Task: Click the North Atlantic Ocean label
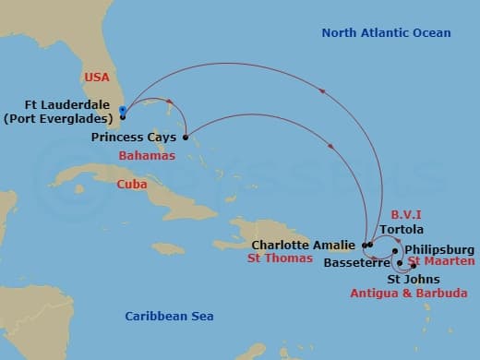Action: [386, 33]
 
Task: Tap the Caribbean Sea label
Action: [169, 317]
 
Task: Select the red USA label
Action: [97, 77]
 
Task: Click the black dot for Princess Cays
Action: [186, 138]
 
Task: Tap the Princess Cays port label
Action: [135, 138]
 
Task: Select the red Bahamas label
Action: [147, 157]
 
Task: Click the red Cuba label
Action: [132, 185]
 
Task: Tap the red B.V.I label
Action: [406, 212]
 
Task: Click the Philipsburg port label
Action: [439, 249]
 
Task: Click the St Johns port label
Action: [413, 279]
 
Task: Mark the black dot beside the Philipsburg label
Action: [395, 250]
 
